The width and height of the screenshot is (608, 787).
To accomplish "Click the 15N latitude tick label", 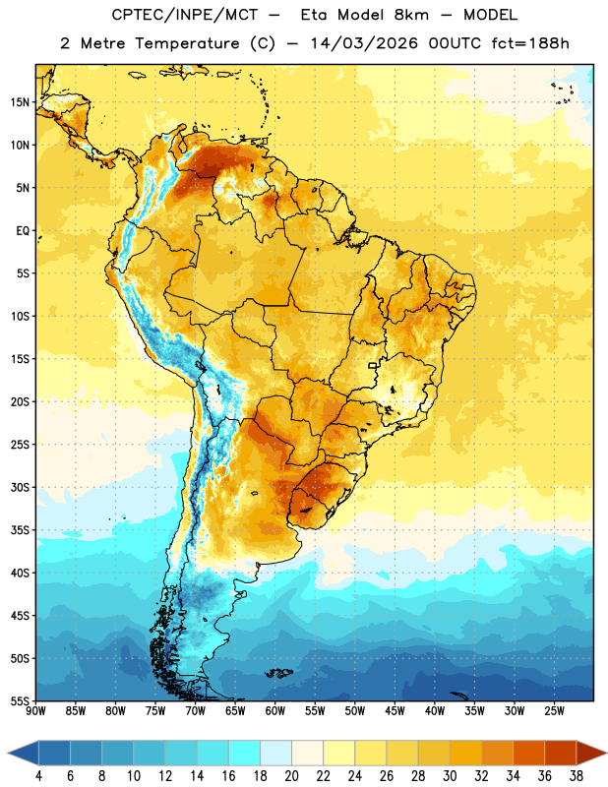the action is (20, 102).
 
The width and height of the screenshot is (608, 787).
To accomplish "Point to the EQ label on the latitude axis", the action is (23, 231).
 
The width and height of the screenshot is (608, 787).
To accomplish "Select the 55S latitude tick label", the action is (20, 700).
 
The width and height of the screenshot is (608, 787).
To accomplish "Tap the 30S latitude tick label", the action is (20, 487).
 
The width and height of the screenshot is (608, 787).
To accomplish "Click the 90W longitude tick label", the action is (36, 711).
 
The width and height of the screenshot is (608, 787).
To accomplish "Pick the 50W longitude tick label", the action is (355, 711).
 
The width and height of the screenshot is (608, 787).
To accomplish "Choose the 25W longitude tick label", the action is (554, 711).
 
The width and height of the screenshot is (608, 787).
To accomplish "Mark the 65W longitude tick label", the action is (235, 711).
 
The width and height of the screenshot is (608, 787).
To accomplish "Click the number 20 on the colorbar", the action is (291, 776).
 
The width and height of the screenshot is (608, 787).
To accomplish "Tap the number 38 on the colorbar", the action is (577, 776).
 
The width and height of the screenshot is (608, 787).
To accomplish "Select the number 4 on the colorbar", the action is (38, 776).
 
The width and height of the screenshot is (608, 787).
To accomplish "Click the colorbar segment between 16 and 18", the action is (244, 753).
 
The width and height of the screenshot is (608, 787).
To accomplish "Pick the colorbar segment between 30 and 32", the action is (465, 753).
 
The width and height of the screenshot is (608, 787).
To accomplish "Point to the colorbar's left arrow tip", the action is (8, 753).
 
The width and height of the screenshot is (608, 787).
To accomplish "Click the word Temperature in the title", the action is (188, 43).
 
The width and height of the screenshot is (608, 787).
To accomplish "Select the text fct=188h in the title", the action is (530, 43).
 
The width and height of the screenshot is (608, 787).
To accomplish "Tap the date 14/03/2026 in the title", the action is (364, 43).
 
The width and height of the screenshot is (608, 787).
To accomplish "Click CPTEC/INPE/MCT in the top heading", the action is (184, 15).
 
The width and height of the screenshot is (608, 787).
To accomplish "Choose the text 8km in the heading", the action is (411, 15).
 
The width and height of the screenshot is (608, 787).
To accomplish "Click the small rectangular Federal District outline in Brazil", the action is (373, 365).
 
